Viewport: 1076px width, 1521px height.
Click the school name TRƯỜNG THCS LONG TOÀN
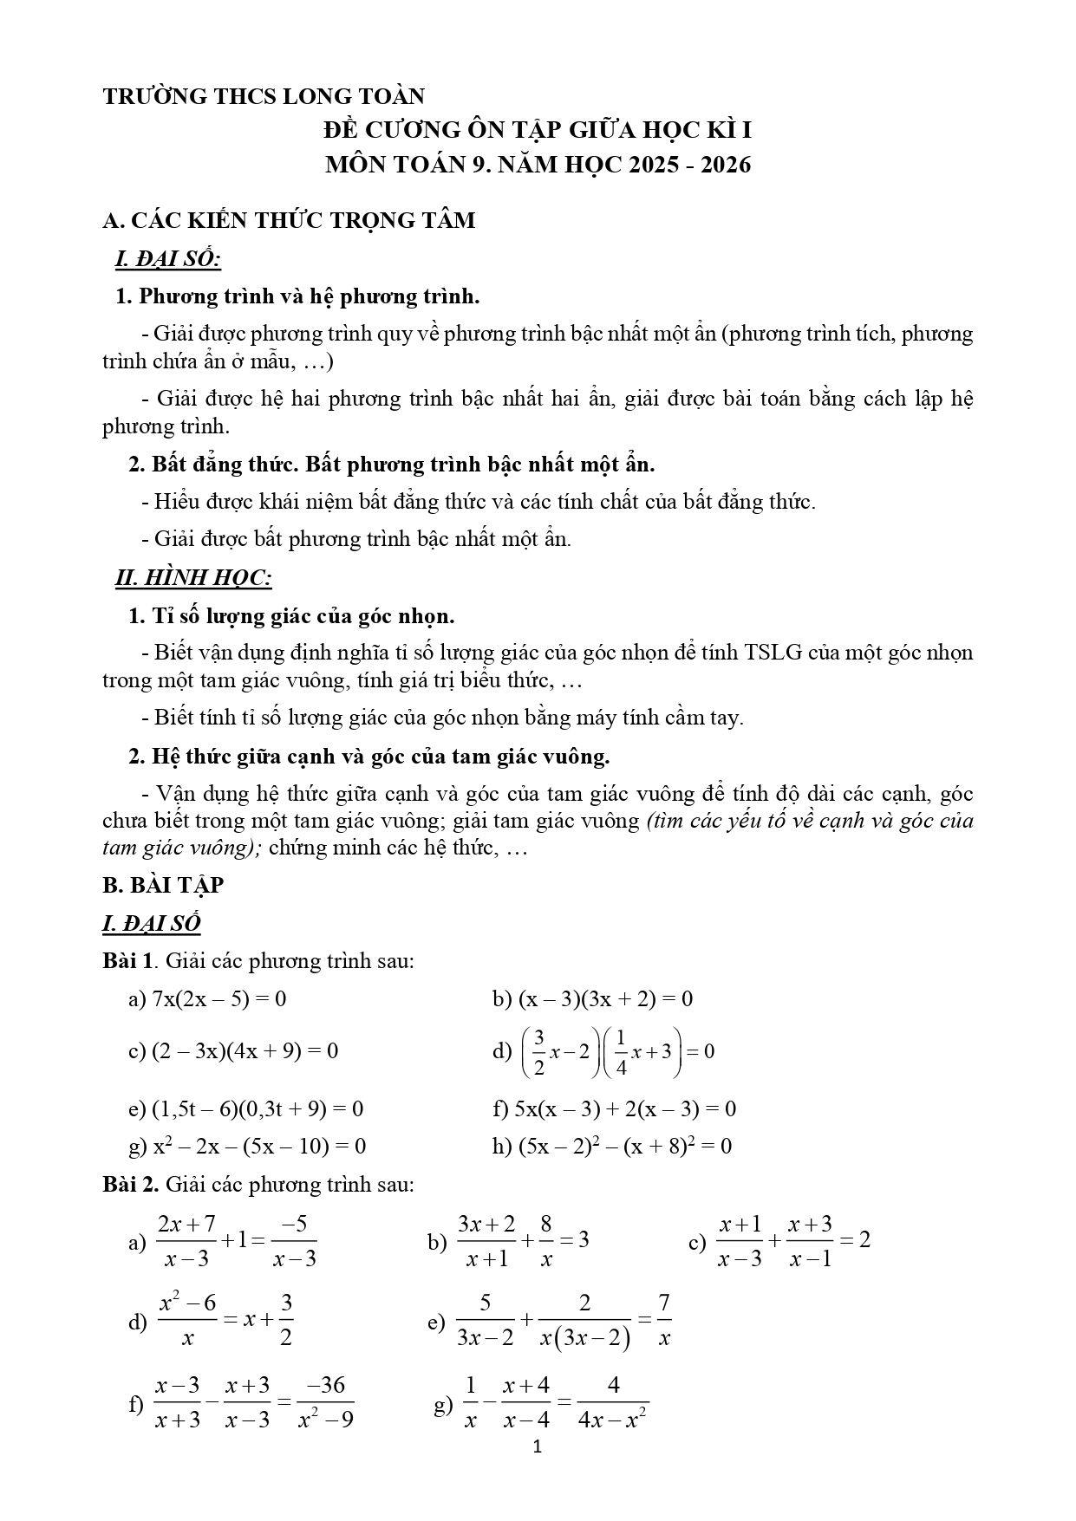264,96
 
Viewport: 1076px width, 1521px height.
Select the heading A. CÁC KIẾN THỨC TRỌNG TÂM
289,221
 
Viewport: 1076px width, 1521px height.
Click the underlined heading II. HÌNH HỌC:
194,578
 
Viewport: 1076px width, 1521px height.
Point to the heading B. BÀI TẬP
163,885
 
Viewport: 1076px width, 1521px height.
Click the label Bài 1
127,961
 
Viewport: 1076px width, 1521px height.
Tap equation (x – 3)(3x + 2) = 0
605,999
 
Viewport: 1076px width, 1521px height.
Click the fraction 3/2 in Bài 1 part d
538,1052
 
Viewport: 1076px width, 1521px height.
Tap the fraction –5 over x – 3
294,1241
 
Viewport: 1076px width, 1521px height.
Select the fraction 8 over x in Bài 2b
546,1241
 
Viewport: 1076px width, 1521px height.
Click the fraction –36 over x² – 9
325,1401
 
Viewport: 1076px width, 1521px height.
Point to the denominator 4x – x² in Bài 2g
613,1420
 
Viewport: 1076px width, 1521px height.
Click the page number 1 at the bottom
538,1446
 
